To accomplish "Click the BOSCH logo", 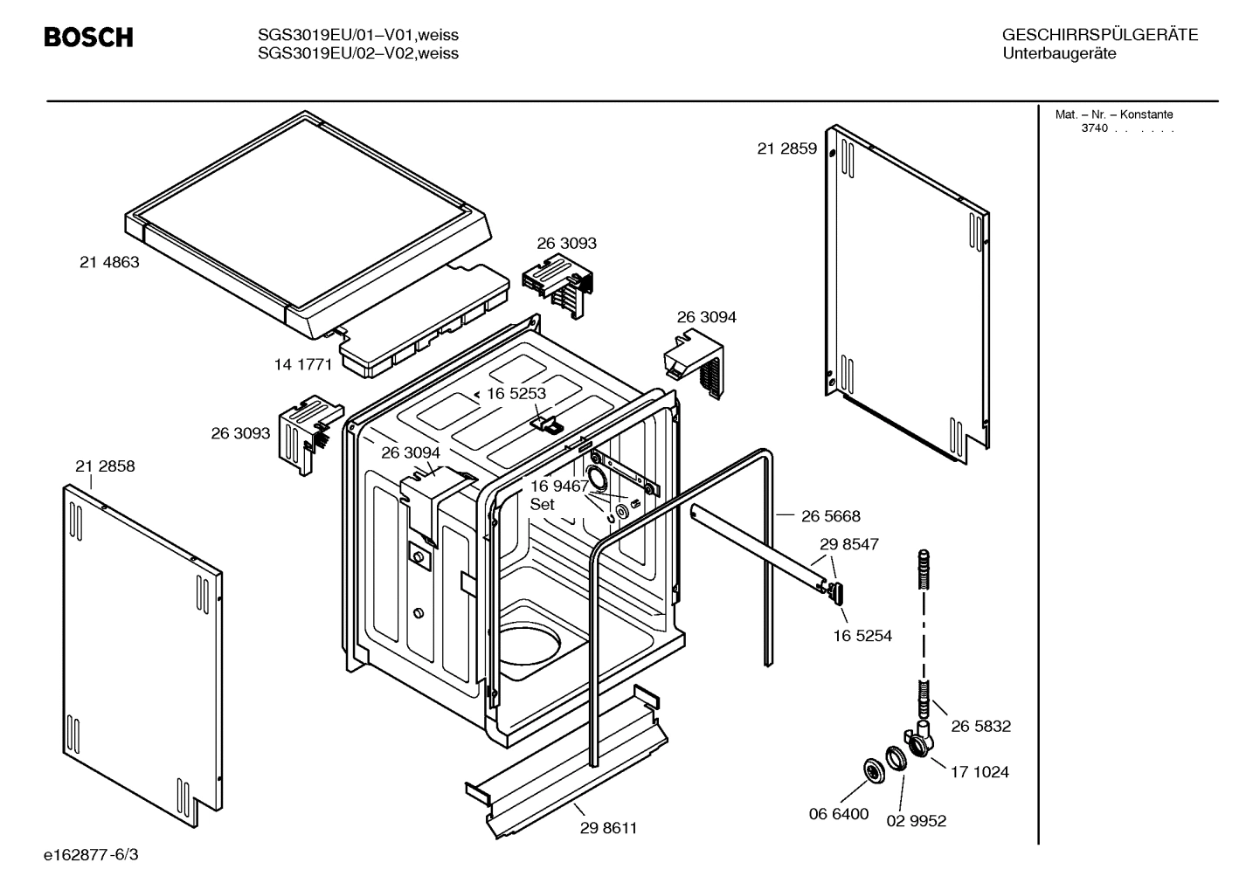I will pyautogui.click(x=88, y=38).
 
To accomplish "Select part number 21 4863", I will pyautogui.click(x=109, y=262).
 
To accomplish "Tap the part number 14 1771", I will pyautogui.click(x=303, y=365).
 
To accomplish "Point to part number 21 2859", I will pyautogui.click(x=786, y=148).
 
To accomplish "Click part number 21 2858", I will pyautogui.click(x=105, y=466).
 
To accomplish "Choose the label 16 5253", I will pyautogui.click(x=516, y=394).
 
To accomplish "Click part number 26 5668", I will pyautogui.click(x=830, y=517).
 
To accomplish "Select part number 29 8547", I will pyautogui.click(x=848, y=544).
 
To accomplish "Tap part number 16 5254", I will pyautogui.click(x=862, y=636).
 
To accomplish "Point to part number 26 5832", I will pyautogui.click(x=980, y=727).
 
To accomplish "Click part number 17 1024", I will pyautogui.click(x=979, y=772).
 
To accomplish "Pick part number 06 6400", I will pyautogui.click(x=838, y=814).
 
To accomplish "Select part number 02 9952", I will pyautogui.click(x=916, y=821).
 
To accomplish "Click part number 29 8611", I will pyautogui.click(x=608, y=828).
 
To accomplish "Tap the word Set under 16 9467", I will pyautogui.click(x=542, y=505).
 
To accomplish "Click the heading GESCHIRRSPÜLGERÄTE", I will pyautogui.click(x=1099, y=36).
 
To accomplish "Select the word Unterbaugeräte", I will pyautogui.click(x=1059, y=54).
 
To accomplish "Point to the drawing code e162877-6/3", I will pyautogui.click(x=91, y=854).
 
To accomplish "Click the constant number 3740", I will pyautogui.click(x=1094, y=128).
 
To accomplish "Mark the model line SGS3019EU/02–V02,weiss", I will pyautogui.click(x=358, y=54).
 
